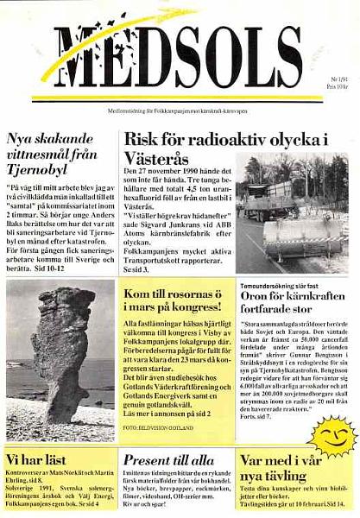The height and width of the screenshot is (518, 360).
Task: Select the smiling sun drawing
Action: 332,433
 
